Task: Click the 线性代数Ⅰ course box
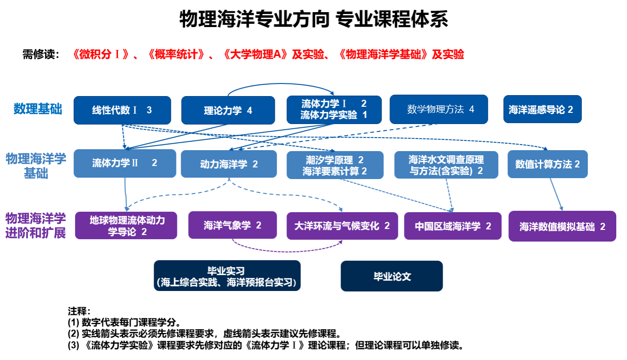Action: [122, 110]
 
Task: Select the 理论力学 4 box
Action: [228, 110]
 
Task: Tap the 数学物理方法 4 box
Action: [439, 110]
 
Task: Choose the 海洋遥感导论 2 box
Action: [542, 109]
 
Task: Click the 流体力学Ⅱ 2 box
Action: [125, 163]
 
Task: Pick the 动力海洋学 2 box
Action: [229, 164]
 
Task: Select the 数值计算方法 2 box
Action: [548, 164]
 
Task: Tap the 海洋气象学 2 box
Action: [232, 225]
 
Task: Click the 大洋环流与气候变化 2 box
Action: [342, 226]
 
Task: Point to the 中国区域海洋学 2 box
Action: [453, 226]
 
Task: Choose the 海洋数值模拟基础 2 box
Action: [562, 226]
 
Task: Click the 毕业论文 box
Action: [391, 276]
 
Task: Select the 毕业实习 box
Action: [227, 276]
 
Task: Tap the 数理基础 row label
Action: [38, 109]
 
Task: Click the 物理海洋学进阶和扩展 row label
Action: [35, 225]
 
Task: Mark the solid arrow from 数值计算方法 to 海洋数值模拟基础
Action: [556, 194]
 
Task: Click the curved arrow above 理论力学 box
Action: [280, 84]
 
